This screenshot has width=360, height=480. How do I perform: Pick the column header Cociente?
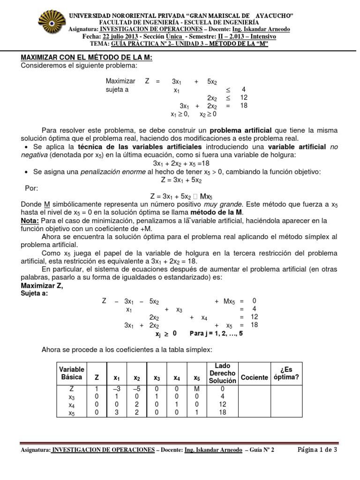pos(255,377)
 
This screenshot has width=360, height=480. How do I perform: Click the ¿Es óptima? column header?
pos(286,374)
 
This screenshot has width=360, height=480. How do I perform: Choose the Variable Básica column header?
pos(72,374)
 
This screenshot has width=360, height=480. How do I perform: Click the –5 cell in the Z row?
pos(137,389)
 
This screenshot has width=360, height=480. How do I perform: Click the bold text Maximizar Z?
pos(42,285)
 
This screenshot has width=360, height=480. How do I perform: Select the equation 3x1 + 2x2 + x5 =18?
pos(180,163)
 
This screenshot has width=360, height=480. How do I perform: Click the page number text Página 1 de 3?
pos(318,450)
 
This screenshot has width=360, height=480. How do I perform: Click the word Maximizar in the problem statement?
pos(120,81)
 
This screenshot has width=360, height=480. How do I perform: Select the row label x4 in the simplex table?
pos(72,405)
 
